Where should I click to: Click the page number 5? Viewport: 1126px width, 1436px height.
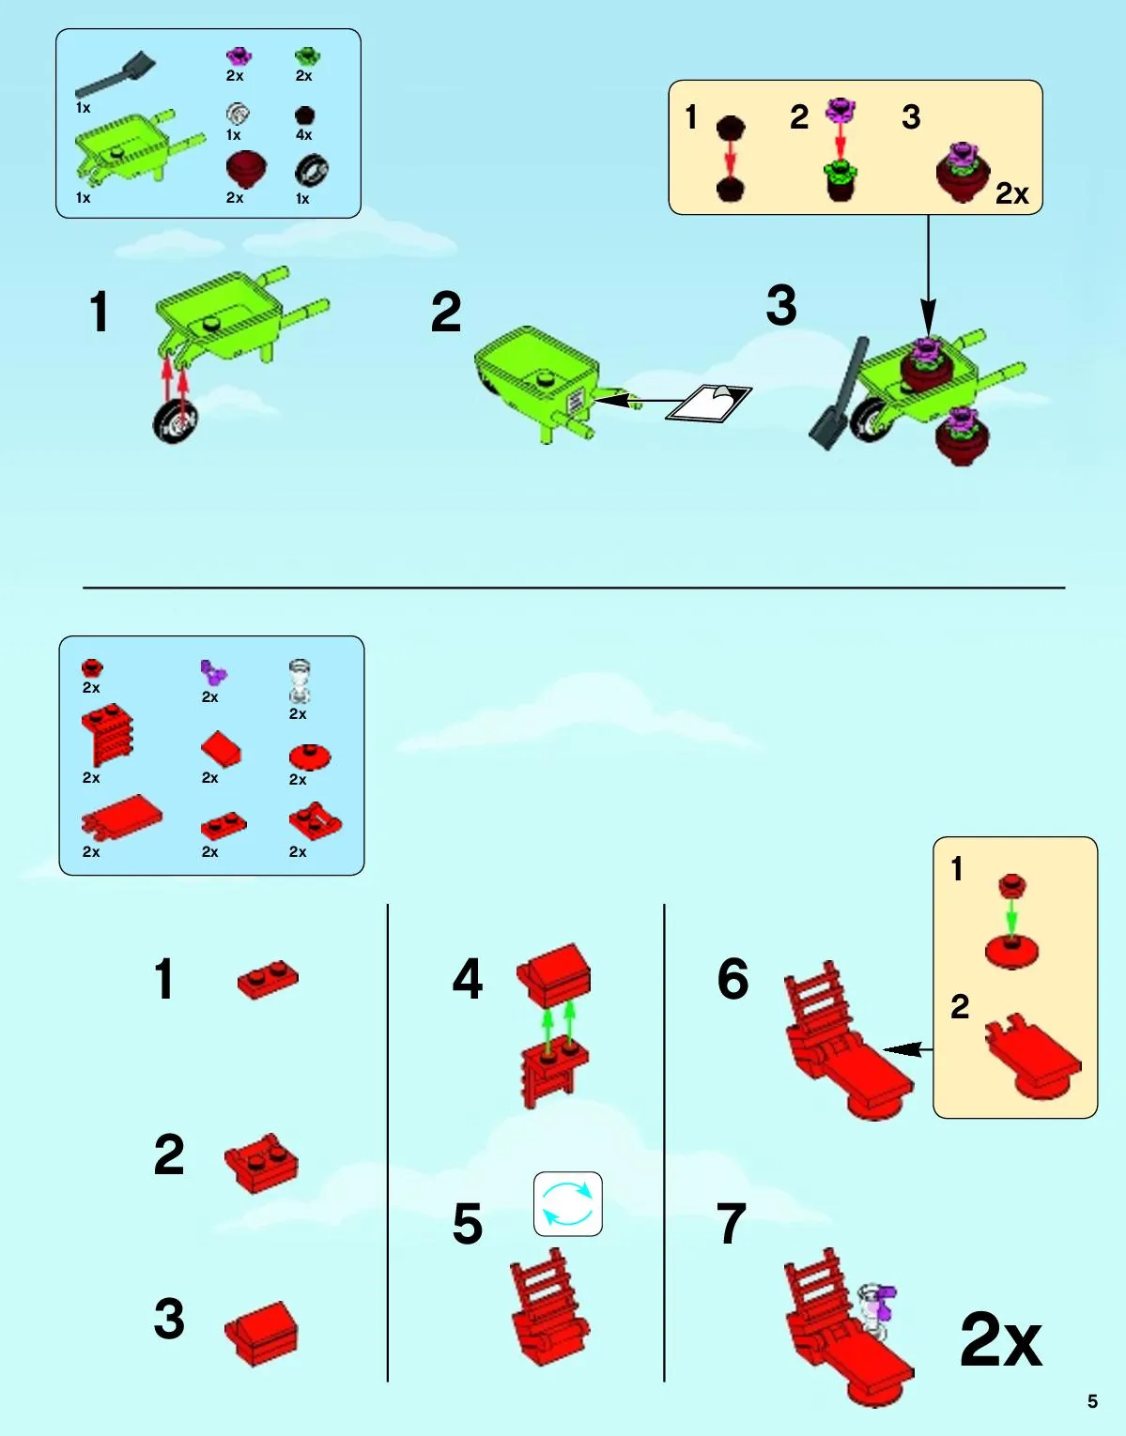pyautogui.click(x=1092, y=1401)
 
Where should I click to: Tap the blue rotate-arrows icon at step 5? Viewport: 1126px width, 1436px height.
pyautogui.click(x=568, y=1204)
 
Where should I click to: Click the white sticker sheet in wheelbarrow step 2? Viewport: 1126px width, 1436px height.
pyautogui.click(x=709, y=402)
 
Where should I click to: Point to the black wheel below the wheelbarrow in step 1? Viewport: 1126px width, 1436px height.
pyautogui.click(x=176, y=421)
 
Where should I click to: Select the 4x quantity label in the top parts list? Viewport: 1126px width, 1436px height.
pyautogui.click(x=303, y=135)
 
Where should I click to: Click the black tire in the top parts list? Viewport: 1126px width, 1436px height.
pyautogui.click(x=312, y=171)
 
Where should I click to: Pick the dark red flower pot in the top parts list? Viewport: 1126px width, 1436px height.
pyautogui.click(x=246, y=171)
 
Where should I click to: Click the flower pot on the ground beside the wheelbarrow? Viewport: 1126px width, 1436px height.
pyautogui.click(x=962, y=436)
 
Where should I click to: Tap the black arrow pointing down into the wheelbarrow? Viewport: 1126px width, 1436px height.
pyautogui.click(x=928, y=276)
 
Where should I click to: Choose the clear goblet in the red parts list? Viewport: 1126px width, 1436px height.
pyautogui.click(x=300, y=680)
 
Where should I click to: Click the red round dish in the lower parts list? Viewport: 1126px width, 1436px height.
pyautogui.click(x=310, y=756)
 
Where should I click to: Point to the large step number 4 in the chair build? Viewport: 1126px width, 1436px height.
pyautogui.click(x=468, y=980)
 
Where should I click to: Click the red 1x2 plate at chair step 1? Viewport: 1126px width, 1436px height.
pyautogui.click(x=268, y=979)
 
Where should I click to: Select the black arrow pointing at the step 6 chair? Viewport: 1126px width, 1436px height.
pyautogui.click(x=908, y=1048)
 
